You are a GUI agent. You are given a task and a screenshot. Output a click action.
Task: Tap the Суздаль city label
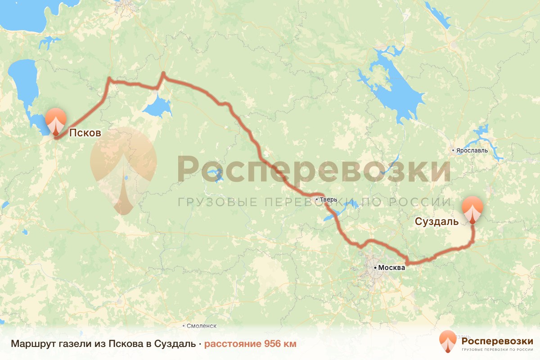point(437,221)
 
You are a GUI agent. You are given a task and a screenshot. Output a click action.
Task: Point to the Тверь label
point(327,199)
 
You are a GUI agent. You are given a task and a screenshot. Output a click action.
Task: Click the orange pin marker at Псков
point(56,121)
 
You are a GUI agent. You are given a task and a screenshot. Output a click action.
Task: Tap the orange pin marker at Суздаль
point(473,209)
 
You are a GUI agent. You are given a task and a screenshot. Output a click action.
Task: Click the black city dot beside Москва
point(375,268)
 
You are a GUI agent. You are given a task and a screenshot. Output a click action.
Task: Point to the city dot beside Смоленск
point(184,325)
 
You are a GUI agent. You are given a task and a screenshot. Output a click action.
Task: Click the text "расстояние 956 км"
point(250,344)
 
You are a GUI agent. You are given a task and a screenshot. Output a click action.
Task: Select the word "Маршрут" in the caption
point(30,344)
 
